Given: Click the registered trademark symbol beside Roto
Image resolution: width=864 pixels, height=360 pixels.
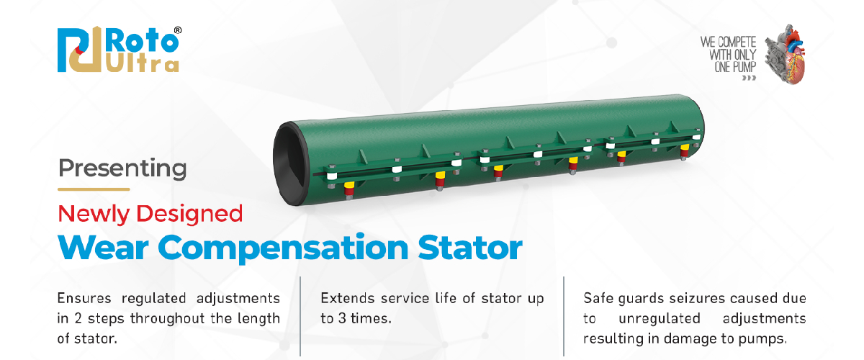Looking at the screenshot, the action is pyautogui.click(x=178, y=30).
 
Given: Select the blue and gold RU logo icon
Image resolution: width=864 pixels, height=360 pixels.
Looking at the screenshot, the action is pyautogui.click(x=80, y=50).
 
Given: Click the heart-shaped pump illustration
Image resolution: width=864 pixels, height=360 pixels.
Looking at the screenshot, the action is pyautogui.click(x=786, y=54).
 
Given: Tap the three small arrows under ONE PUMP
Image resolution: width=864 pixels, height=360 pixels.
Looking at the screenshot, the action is pyautogui.click(x=749, y=78).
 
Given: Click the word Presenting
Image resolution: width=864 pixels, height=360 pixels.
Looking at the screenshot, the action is pyautogui.click(x=122, y=168).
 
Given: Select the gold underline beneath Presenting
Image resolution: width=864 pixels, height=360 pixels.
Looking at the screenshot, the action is pyautogui.click(x=94, y=189).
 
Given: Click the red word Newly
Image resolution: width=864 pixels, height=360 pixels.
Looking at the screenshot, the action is pyautogui.click(x=94, y=214).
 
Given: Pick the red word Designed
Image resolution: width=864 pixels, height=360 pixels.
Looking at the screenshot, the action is pyautogui.click(x=190, y=214).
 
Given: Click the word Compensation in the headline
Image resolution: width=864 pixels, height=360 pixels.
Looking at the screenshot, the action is pyautogui.click(x=283, y=248).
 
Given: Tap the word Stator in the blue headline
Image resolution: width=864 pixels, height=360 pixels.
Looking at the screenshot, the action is pyautogui.click(x=470, y=248).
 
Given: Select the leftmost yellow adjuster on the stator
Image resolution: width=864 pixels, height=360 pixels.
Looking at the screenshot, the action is pyautogui.click(x=349, y=185).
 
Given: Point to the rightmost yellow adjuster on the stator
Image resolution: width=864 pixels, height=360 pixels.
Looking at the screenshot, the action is pyautogui.click(x=685, y=147).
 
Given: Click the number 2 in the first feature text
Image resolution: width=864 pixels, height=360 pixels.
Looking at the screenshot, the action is pyautogui.click(x=78, y=319).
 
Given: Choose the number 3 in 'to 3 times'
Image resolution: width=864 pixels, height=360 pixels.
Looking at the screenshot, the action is pyautogui.click(x=343, y=319).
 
